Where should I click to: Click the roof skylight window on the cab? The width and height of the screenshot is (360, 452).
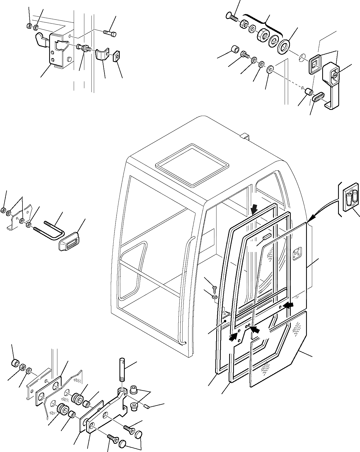tap(192, 164)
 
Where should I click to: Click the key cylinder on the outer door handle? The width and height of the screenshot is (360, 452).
tap(335, 76)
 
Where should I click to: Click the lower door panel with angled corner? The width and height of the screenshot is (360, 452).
tap(278, 351)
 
